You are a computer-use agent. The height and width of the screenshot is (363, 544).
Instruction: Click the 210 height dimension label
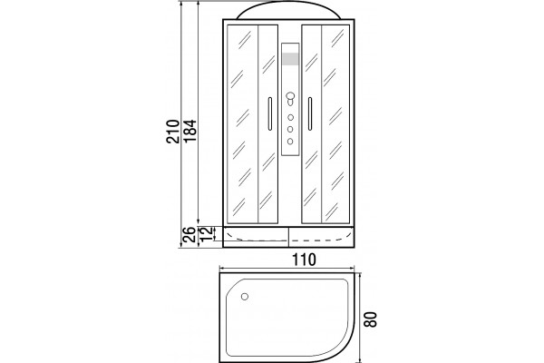[173, 132]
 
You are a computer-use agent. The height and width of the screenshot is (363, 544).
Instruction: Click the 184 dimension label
[189, 131]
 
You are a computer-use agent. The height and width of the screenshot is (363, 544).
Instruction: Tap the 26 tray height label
[189, 234]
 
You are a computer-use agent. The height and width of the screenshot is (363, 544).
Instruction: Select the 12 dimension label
[206, 234]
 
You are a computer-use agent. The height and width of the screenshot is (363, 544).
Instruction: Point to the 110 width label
[304, 260]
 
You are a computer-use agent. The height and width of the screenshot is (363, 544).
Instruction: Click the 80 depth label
[371, 319]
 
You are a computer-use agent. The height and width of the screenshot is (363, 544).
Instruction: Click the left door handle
[270, 113]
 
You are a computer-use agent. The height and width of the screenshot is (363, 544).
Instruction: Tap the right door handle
[310, 113]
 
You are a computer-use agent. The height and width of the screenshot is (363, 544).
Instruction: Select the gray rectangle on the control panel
[290, 59]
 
